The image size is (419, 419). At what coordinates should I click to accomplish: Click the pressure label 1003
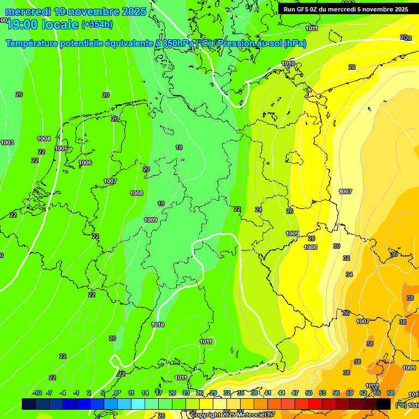(x=7, y=143)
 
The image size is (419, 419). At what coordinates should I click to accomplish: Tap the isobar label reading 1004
(x=44, y=139)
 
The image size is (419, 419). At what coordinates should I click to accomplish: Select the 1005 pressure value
(x=61, y=149)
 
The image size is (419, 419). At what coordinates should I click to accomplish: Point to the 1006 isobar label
(x=85, y=163)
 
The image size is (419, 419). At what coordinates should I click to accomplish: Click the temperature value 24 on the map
(x=259, y=210)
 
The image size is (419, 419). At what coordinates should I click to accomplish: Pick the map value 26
(x=290, y=211)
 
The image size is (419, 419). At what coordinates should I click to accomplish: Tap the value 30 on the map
(x=337, y=247)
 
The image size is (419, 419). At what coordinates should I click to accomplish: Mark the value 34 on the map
(x=349, y=274)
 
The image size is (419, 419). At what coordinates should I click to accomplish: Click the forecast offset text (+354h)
(x=97, y=24)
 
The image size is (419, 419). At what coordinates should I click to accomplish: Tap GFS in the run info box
(x=301, y=9)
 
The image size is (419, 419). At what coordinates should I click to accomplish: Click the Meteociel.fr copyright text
(x=233, y=415)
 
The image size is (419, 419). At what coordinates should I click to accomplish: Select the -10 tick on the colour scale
(x=37, y=393)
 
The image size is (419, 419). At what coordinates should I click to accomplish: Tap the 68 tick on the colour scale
(x=391, y=393)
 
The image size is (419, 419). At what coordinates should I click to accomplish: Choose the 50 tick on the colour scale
(x=309, y=393)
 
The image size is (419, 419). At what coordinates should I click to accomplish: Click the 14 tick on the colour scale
(x=145, y=393)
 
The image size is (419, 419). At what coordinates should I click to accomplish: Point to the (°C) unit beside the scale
(x=400, y=405)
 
